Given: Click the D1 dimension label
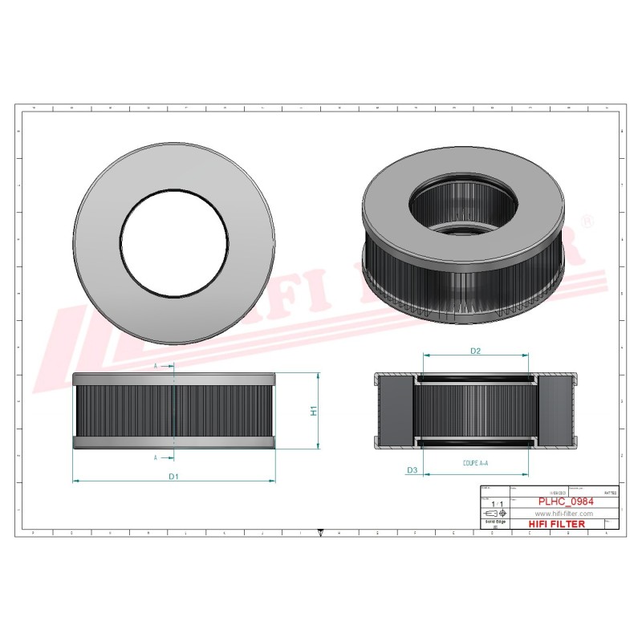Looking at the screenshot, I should tap(173, 477).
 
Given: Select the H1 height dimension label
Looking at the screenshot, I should tap(315, 411).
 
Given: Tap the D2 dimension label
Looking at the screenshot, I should tap(475, 351).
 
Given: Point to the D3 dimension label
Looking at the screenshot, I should tap(412, 469).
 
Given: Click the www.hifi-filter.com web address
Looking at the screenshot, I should tap(563, 514).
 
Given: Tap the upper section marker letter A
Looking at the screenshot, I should tap(155, 366).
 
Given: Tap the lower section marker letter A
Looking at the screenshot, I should tap(155, 457).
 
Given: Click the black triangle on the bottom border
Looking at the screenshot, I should tap(321, 531).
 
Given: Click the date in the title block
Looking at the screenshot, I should tap(555, 490).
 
